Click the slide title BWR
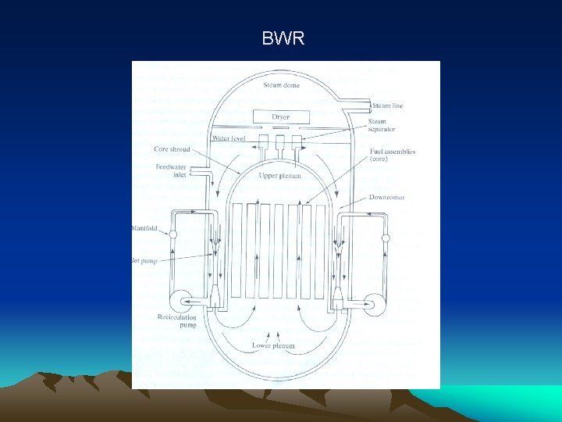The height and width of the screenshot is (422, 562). pyautogui.click(x=283, y=38)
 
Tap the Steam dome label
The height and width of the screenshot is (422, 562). pyautogui.click(x=281, y=85)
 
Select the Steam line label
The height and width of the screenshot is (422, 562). pyautogui.click(x=387, y=105)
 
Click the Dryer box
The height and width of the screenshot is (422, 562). pyautogui.click(x=281, y=117)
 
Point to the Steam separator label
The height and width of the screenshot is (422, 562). pyautogui.click(x=378, y=125)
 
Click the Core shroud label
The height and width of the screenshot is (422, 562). pyautogui.click(x=172, y=149)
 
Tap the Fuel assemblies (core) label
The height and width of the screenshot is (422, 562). pyautogui.click(x=393, y=156)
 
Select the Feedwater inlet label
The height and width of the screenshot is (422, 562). pyautogui.click(x=170, y=170)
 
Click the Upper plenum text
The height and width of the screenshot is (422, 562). pyautogui.click(x=280, y=177)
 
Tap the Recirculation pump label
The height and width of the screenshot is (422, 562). pyautogui.click(x=176, y=321)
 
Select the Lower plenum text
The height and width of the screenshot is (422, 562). pyautogui.click(x=273, y=345)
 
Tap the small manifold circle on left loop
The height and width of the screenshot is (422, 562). pyautogui.click(x=173, y=234)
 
